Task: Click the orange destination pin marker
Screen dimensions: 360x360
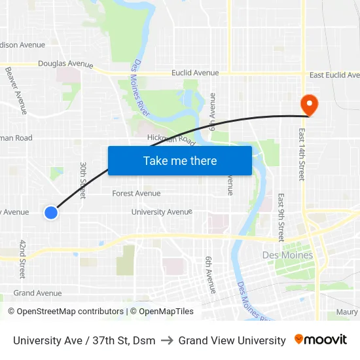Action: [x=308, y=104]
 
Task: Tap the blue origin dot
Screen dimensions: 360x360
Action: [x=51, y=212]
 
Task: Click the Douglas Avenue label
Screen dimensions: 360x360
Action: [x=65, y=64]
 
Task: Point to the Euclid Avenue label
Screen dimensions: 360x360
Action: [x=195, y=73]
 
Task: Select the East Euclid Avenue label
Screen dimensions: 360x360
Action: [x=334, y=75]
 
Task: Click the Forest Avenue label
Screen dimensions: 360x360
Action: [x=136, y=193]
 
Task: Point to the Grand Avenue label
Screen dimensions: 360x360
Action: [x=37, y=293]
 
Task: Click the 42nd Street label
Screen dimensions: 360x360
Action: [x=22, y=259]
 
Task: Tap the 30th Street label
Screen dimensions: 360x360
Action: [x=83, y=180]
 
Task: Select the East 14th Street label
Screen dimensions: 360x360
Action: [x=302, y=154]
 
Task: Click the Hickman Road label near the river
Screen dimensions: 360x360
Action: [x=171, y=139]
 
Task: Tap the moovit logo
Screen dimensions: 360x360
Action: [x=321, y=340]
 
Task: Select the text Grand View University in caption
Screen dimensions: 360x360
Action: [x=232, y=340]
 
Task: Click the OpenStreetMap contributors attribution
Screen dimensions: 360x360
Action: [x=65, y=312]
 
